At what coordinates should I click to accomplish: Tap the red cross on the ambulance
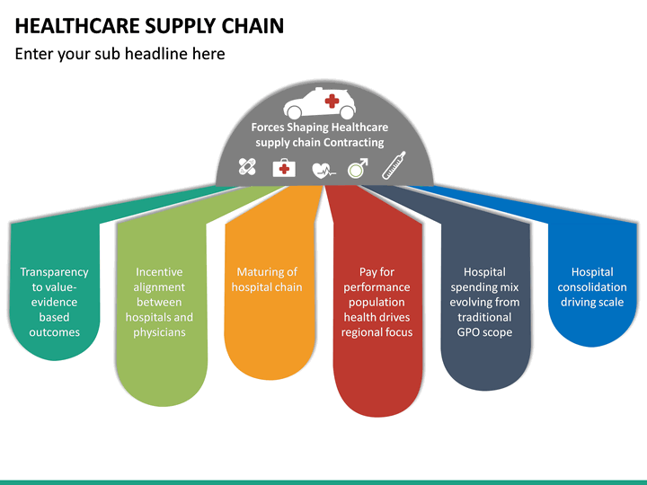(332, 100)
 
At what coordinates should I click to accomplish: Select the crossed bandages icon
(247, 166)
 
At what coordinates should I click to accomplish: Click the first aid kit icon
(284, 167)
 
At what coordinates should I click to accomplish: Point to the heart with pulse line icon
(322, 168)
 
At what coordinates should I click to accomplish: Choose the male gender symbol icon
(358, 167)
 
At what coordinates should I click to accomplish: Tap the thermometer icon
(394, 165)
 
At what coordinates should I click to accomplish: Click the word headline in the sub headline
(156, 54)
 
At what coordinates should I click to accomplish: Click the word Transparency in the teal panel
(54, 272)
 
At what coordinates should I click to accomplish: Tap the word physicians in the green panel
(159, 332)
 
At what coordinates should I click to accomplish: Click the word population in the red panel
(377, 303)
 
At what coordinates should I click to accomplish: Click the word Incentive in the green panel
(159, 272)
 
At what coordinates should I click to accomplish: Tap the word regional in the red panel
(363, 332)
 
